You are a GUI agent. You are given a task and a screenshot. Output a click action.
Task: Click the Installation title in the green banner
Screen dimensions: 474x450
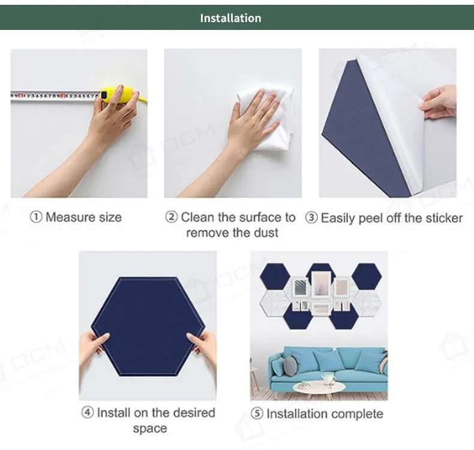pyautogui.click(x=230, y=18)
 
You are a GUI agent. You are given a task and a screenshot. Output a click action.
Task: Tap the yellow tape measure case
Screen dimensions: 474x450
pyautogui.click(x=121, y=94)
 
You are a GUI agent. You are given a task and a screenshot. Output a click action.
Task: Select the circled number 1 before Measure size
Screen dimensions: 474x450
pyautogui.click(x=36, y=217)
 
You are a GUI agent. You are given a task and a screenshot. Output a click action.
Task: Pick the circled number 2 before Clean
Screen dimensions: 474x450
pyautogui.click(x=172, y=217)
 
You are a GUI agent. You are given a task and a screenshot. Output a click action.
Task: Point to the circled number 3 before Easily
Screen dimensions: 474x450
pyautogui.click(x=311, y=218)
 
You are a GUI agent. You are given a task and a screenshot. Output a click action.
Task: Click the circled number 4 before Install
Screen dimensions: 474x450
pyautogui.click(x=88, y=412)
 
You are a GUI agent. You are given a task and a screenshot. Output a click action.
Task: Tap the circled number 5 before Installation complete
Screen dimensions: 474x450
pyautogui.click(x=257, y=413)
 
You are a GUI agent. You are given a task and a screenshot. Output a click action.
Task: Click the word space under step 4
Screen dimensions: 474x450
pyautogui.click(x=150, y=428)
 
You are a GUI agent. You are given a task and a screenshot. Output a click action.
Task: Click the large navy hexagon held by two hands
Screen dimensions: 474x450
pyautogui.click(x=148, y=326)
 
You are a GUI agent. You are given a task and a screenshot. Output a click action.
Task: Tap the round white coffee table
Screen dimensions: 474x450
pyautogui.click(x=319, y=387)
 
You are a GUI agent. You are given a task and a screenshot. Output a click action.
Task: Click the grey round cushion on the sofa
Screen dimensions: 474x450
pyautogui.click(x=290, y=366)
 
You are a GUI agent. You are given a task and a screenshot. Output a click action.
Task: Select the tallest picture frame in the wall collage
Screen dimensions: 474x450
pyautogui.click(x=321, y=285)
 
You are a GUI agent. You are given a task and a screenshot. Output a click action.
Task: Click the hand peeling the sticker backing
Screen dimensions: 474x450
pyautogui.click(x=438, y=102)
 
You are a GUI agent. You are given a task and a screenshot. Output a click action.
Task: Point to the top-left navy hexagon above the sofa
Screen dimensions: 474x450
pyautogui.click(x=275, y=276)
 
